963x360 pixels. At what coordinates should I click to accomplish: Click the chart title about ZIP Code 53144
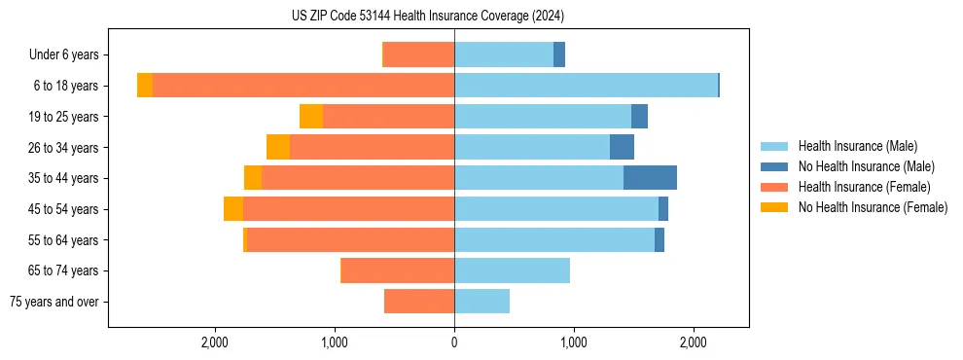[x=427, y=17]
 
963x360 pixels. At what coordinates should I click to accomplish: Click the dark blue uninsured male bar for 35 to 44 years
[x=650, y=178]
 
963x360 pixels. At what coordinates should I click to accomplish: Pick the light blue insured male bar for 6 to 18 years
[x=586, y=86]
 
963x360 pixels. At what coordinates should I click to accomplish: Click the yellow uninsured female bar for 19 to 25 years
[x=311, y=117]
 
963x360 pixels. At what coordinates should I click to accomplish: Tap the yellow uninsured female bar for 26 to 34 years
[x=278, y=148]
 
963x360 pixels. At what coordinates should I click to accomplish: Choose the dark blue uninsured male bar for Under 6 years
[x=559, y=55]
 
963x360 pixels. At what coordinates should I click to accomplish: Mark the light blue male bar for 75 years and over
[x=481, y=302]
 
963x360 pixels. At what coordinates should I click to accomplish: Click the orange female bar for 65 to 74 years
[x=398, y=270]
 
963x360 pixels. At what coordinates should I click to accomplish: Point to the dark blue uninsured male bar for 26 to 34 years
[x=622, y=148]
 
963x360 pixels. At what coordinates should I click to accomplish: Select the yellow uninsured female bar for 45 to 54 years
[x=233, y=209]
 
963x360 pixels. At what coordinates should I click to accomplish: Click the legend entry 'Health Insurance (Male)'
[x=857, y=146]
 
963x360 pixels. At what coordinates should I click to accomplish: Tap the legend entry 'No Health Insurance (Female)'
[x=873, y=207]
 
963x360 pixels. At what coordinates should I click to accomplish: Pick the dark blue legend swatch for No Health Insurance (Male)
[x=774, y=166]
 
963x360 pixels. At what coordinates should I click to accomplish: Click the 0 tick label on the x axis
[x=454, y=342]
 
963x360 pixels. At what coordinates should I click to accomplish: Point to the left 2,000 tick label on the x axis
[x=214, y=342]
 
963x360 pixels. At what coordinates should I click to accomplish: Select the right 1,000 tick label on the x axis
[x=574, y=342]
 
